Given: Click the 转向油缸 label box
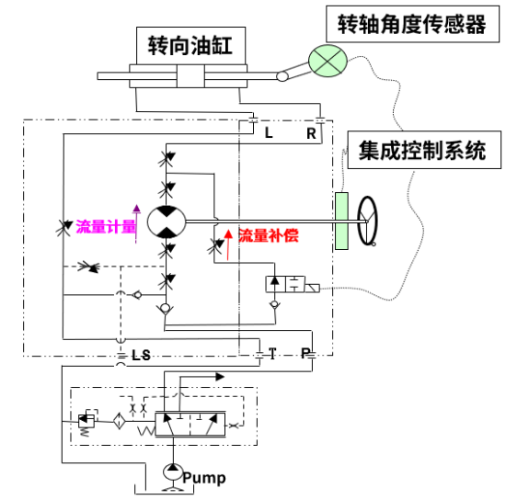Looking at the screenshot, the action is pyautogui.click(x=190, y=46).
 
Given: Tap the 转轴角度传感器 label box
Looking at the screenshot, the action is pyautogui.click(x=412, y=24).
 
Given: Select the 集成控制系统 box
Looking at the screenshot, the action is pyautogui.click(x=424, y=150).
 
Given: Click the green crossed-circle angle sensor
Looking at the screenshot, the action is pyautogui.click(x=328, y=61).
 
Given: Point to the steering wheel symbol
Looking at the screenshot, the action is pyautogui.click(x=367, y=221).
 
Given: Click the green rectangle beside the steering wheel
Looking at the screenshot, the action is pyautogui.click(x=341, y=221).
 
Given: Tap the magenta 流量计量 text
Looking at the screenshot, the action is pyautogui.click(x=106, y=226).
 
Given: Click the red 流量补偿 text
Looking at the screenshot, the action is pyautogui.click(x=268, y=235).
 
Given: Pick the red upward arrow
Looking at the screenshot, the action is pyautogui.click(x=228, y=244).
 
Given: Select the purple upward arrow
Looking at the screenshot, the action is pyautogui.click(x=136, y=223).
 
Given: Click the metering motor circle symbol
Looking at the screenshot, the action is pyautogui.click(x=167, y=222).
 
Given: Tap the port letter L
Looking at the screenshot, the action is pyautogui.click(x=269, y=132).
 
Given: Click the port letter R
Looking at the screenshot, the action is pyautogui.click(x=311, y=133).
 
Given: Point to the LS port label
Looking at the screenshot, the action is pyautogui.click(x=142, y=356).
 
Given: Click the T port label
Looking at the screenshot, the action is pyautogui.click(x=272, y=353).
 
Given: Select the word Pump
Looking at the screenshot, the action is pyautogui.click(x=204, y=478).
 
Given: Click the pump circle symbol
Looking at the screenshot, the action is pyautogui.click(x=173, y=472).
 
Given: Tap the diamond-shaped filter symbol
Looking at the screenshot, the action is pyautogui.click(x=119, y=421).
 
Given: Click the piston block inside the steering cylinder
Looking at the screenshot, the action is pyautogui.click(x=190, y=76).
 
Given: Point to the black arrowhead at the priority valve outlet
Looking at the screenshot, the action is pyautogui.click(x=220, y=377).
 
